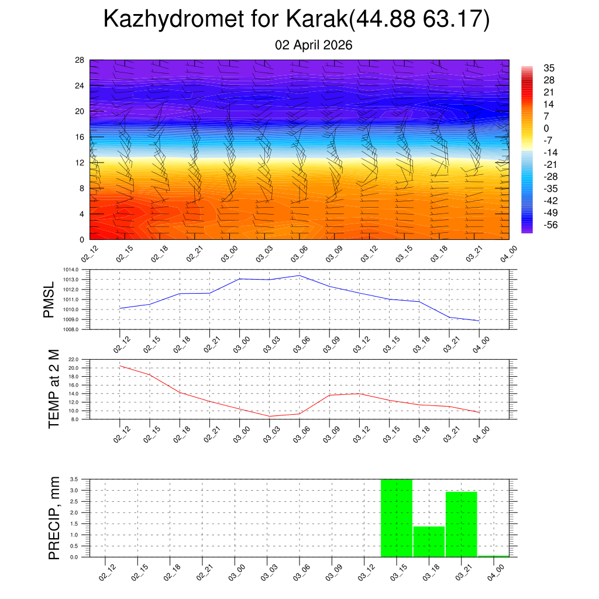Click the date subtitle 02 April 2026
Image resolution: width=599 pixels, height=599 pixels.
(x=314, y=45)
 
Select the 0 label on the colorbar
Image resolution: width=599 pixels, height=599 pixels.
(x=546, y=129)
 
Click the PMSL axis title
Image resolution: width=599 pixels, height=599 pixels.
(x=49, y=299)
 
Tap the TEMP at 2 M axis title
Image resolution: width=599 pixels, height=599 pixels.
(x=54, y=389)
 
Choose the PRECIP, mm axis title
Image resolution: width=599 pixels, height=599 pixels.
(x=54, y=518)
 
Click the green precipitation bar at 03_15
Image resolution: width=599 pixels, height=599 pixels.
(x=397, y=518)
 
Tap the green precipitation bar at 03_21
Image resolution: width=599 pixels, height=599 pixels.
(x=462, y=524)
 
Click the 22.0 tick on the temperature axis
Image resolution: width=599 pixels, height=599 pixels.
(x=80, y=359)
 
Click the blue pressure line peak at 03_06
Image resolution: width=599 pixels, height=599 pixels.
(x=299, y=276)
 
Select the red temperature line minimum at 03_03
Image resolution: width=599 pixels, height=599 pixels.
(x=269, y=416)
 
